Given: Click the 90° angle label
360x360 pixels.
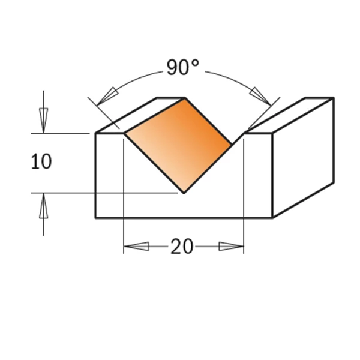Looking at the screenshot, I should pos(182,68).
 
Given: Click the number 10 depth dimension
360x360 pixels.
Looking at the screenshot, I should pos(41,162).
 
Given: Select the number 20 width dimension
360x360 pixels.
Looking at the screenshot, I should pos(182,247).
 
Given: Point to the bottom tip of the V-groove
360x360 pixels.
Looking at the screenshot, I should pos(184,194).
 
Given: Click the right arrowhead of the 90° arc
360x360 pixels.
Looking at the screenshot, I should pos(259,95).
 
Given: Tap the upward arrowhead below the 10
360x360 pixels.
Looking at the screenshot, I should pos(43,206).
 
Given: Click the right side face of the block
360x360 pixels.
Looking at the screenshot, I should pos(303,159).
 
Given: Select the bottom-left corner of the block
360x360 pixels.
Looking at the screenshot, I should pos(96,218).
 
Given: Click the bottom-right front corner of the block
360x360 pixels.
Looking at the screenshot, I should pos(273,218).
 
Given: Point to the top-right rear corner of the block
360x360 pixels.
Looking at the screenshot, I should pos(334,98).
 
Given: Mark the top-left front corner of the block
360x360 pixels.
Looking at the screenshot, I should pos(96,133).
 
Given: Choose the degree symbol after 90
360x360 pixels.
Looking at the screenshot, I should pos(195,63).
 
